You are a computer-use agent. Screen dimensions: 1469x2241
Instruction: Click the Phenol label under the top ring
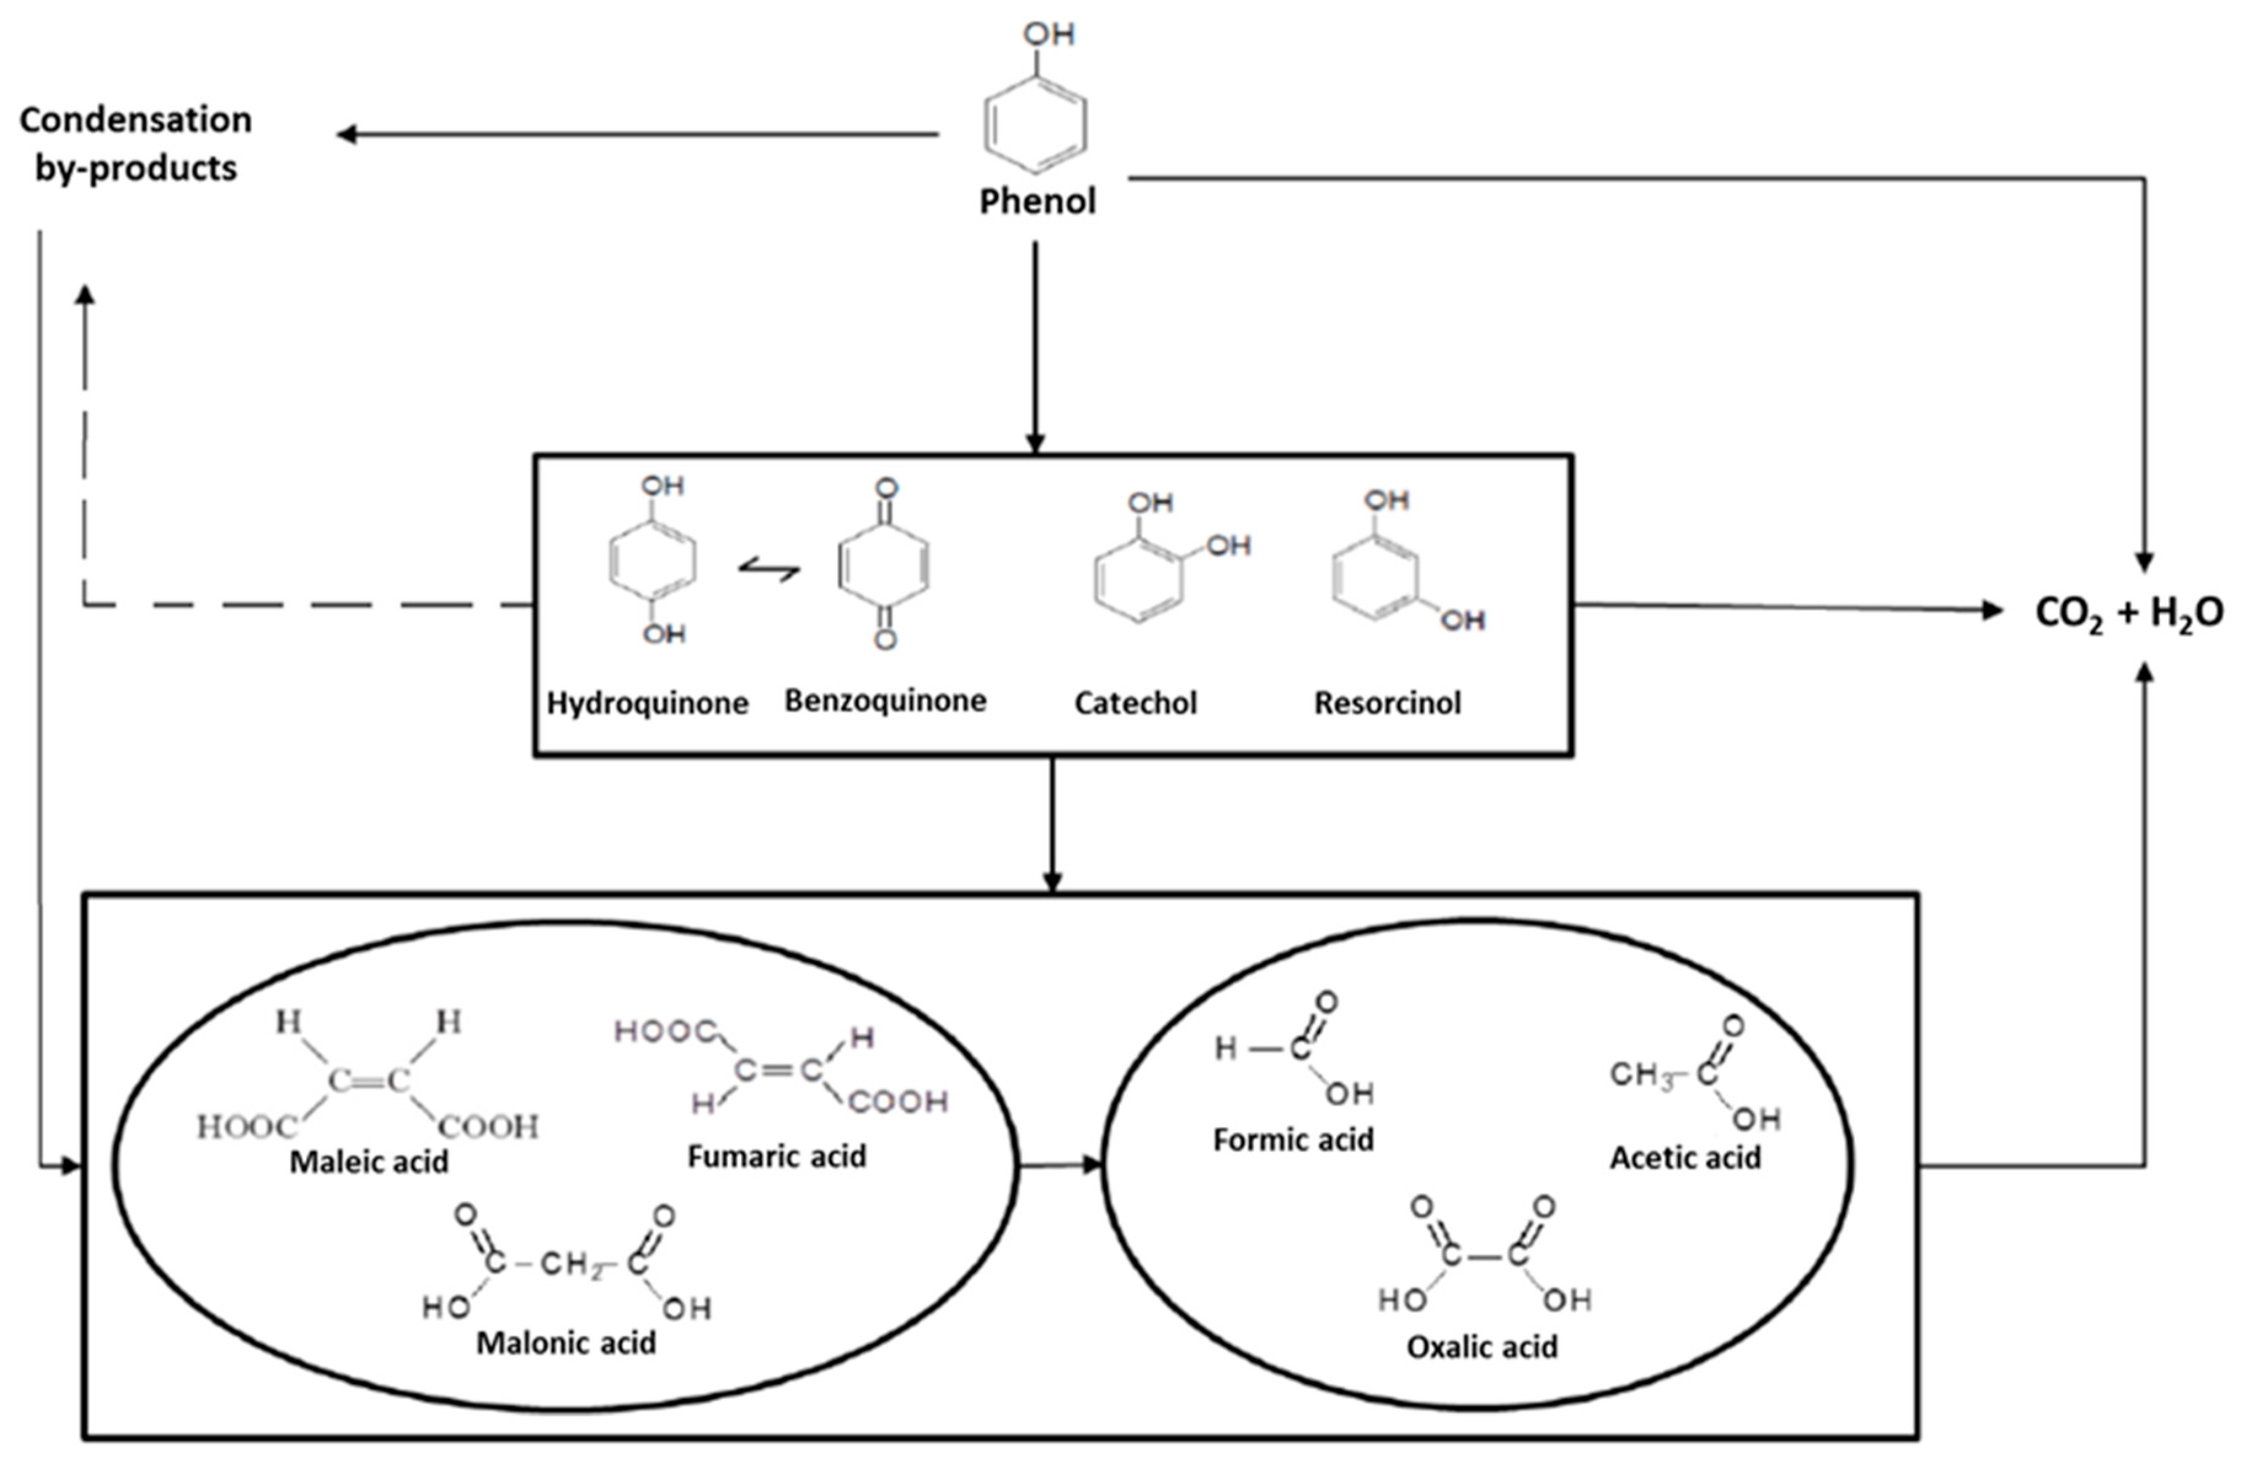pos(1038,202)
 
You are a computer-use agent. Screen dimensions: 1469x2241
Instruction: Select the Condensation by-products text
pos(136,143)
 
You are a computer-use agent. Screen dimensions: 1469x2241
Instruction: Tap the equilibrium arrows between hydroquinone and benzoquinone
pos(770,569)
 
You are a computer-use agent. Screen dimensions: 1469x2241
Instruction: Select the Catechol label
pos(1136,703)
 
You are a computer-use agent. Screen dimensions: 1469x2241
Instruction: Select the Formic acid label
pos(1293,1140)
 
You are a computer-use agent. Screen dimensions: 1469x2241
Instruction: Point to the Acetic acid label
pos(1685,1157)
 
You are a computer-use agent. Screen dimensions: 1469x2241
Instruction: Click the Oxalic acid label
pos(1482,1347)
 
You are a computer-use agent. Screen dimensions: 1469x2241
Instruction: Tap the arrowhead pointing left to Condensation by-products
pos(347,135)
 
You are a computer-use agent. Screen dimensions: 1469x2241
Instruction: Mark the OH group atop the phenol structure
pos(1048,35)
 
